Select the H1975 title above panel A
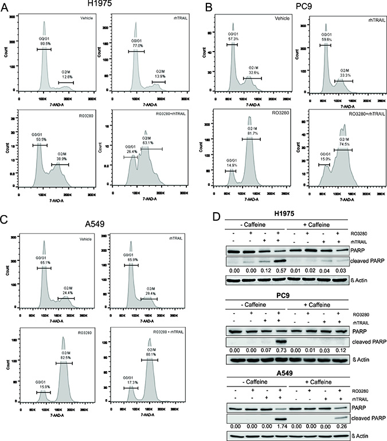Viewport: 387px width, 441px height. (x=100, y=5)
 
